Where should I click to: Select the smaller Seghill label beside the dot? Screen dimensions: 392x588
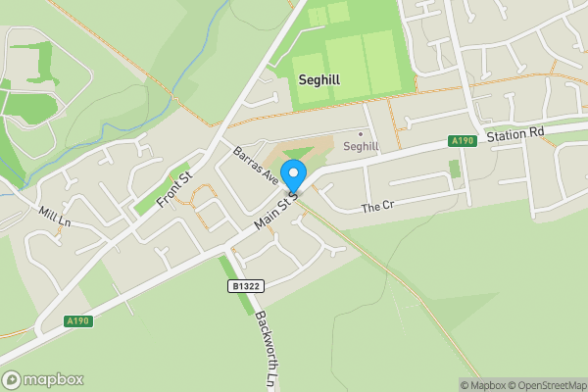361,146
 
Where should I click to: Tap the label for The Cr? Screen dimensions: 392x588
376,208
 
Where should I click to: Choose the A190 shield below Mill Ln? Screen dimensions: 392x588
78,320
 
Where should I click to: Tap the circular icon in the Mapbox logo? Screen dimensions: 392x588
12,379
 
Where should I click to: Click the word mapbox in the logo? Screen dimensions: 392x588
54,379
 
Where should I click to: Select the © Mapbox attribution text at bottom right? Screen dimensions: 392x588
482,385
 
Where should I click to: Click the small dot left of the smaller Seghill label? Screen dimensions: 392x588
361,133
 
